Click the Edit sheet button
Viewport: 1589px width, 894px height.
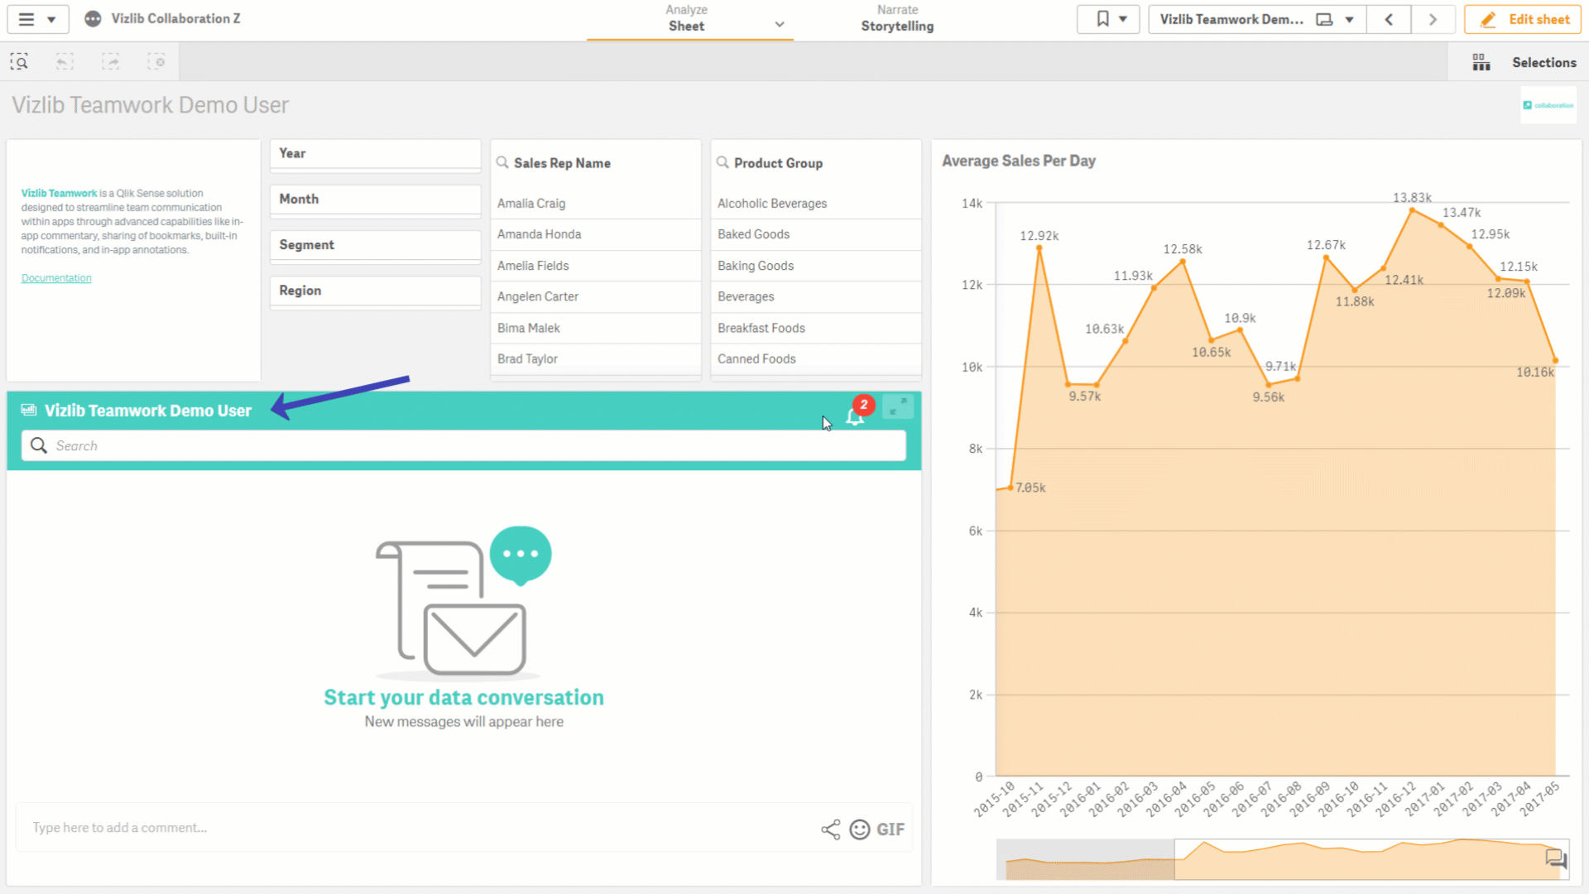1523,19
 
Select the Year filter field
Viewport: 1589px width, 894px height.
375,154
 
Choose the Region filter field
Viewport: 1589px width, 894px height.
375,291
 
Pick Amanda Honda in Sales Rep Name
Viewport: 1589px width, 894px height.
539,234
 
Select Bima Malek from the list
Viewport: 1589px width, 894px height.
528,328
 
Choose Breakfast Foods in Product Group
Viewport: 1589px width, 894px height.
761,328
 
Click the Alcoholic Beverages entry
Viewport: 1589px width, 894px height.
771,204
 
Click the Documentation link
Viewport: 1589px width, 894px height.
56,278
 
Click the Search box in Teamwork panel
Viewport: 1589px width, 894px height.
463,446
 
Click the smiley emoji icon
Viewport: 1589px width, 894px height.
860,829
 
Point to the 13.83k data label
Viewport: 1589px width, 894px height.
1412,198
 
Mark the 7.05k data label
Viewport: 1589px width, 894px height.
1030,488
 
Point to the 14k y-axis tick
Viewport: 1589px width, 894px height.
972,204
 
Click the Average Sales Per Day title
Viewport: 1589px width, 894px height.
1019,161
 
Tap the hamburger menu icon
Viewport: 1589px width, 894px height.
26,19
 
